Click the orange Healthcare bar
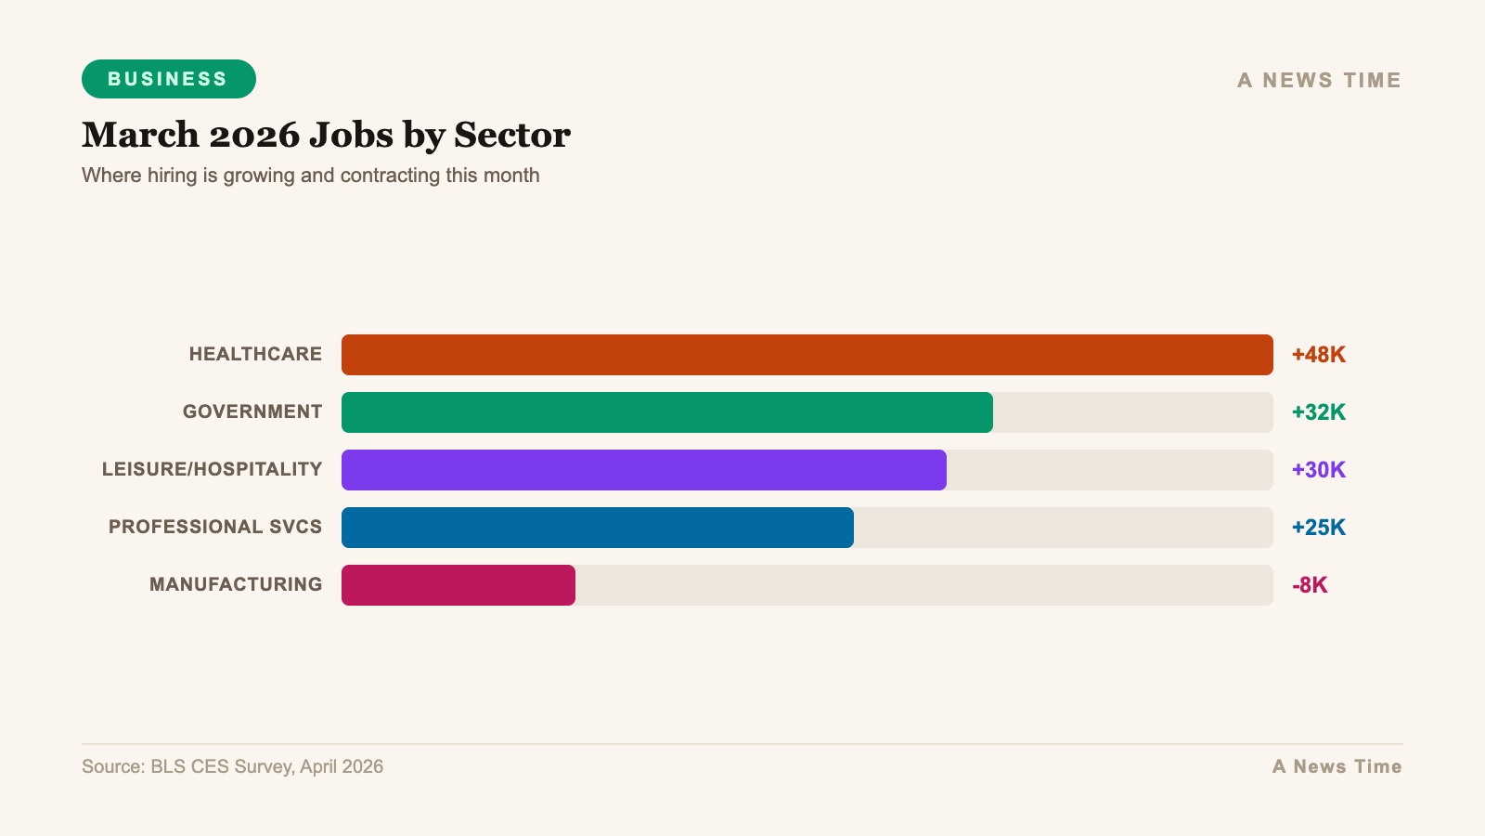point(807,355)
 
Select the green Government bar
point(667,412)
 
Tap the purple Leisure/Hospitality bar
point(644,470)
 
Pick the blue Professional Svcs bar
point(598,528)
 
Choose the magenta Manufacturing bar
point(458,585)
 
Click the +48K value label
point(1319,355)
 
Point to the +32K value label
point(1319,412)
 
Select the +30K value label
point(1319,470)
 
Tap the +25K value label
point(1319,528)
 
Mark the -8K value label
point(1310,585)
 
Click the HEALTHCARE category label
point(255,355)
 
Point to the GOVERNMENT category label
point(252,412)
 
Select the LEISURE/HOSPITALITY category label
point(212,470)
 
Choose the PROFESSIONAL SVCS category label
point(215,528)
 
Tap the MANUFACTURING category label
point(236,585)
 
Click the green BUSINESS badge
point(168,79)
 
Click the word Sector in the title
point(512,136)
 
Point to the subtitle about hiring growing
point(310,176)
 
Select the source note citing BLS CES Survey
point(232,767)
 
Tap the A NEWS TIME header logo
point(1319,81)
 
